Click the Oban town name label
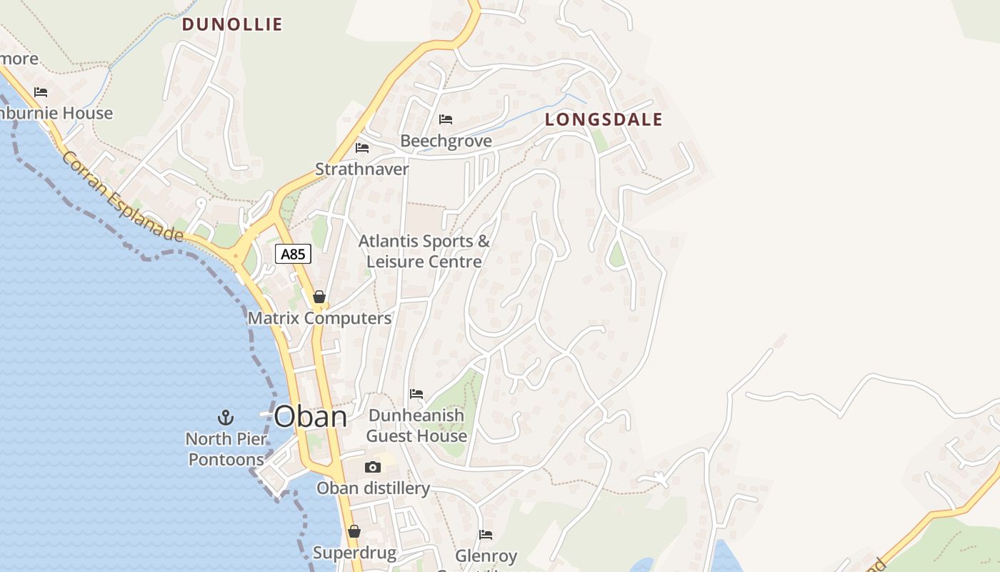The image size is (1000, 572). tap(311, 416)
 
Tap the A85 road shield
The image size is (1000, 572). tap(293, 254)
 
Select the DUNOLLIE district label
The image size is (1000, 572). tap(232, 24)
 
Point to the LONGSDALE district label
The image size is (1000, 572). tap(604, 119)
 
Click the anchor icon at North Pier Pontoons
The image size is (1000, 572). tap(226, 417)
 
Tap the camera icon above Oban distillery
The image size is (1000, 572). tap(372, 467)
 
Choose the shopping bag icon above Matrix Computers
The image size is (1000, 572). tap(319, 297)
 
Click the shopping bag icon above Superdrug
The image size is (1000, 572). tap(354, 531)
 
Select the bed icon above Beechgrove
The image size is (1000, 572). tap(446, 119)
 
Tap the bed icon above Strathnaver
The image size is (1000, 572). tap(362, 148)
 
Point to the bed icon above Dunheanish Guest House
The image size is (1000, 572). tap(416, 393)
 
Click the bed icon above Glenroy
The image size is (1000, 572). tap(486, 534)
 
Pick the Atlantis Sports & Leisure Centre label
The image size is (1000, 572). tap(424, 252)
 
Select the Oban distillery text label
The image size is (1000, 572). tap(373, 488)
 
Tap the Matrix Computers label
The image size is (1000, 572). tap(319, 318)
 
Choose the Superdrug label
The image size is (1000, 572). tap(354, 553)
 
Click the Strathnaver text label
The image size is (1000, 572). tap(362, 169)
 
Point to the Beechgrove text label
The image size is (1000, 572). tap(446, 141)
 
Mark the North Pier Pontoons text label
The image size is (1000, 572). tap(226, 449)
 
